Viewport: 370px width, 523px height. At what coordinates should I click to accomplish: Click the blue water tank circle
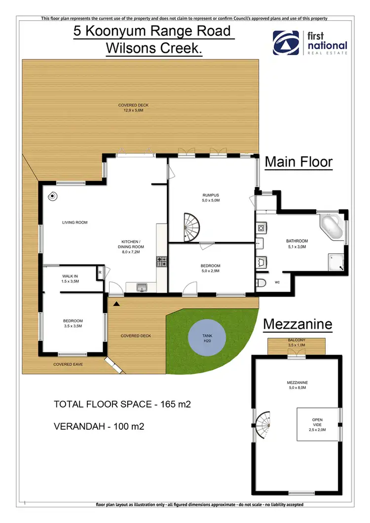(x=207, y=338)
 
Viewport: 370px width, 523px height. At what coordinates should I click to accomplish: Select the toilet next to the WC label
(x=261, y=283)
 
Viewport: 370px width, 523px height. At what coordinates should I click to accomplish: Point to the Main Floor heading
(x=299, y=162)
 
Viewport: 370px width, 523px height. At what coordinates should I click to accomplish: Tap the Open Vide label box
(x=317, y=424)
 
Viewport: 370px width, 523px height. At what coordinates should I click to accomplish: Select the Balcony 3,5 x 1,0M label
(x=297, y=343)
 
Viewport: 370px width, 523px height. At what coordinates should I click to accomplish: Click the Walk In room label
(x=70, y=278)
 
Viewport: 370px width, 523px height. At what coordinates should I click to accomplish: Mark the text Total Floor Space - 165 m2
(x=122, y=405)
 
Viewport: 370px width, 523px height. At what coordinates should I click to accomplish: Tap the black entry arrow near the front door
(x=116, y=304)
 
